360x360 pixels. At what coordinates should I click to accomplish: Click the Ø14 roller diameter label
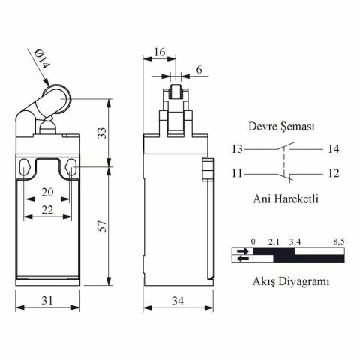pyautogui.click(x=42, y=59)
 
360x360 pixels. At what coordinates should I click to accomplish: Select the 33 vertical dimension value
pyautogui.click(x=103, y=133)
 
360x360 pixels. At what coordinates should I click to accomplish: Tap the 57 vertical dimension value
pyautogui.click(x=103, y=226)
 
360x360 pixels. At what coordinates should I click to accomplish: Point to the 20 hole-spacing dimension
pyautogui.click(x=47, y=192)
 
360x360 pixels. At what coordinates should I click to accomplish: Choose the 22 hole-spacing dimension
pyautogui.click(x=47, y=210)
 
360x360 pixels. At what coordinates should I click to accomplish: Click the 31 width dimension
pyautogui.click(x=47, y=300)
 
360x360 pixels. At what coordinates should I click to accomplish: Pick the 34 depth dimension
pyautogui.click(x=178, y=301)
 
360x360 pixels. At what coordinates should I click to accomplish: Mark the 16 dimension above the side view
pyautogui.click(x=159, y=52)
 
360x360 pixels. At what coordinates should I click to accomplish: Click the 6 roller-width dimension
pyautogui.click(x=199, y=70)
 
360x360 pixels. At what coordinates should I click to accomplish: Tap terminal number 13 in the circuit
pyautogui.click(x=237, y=149)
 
